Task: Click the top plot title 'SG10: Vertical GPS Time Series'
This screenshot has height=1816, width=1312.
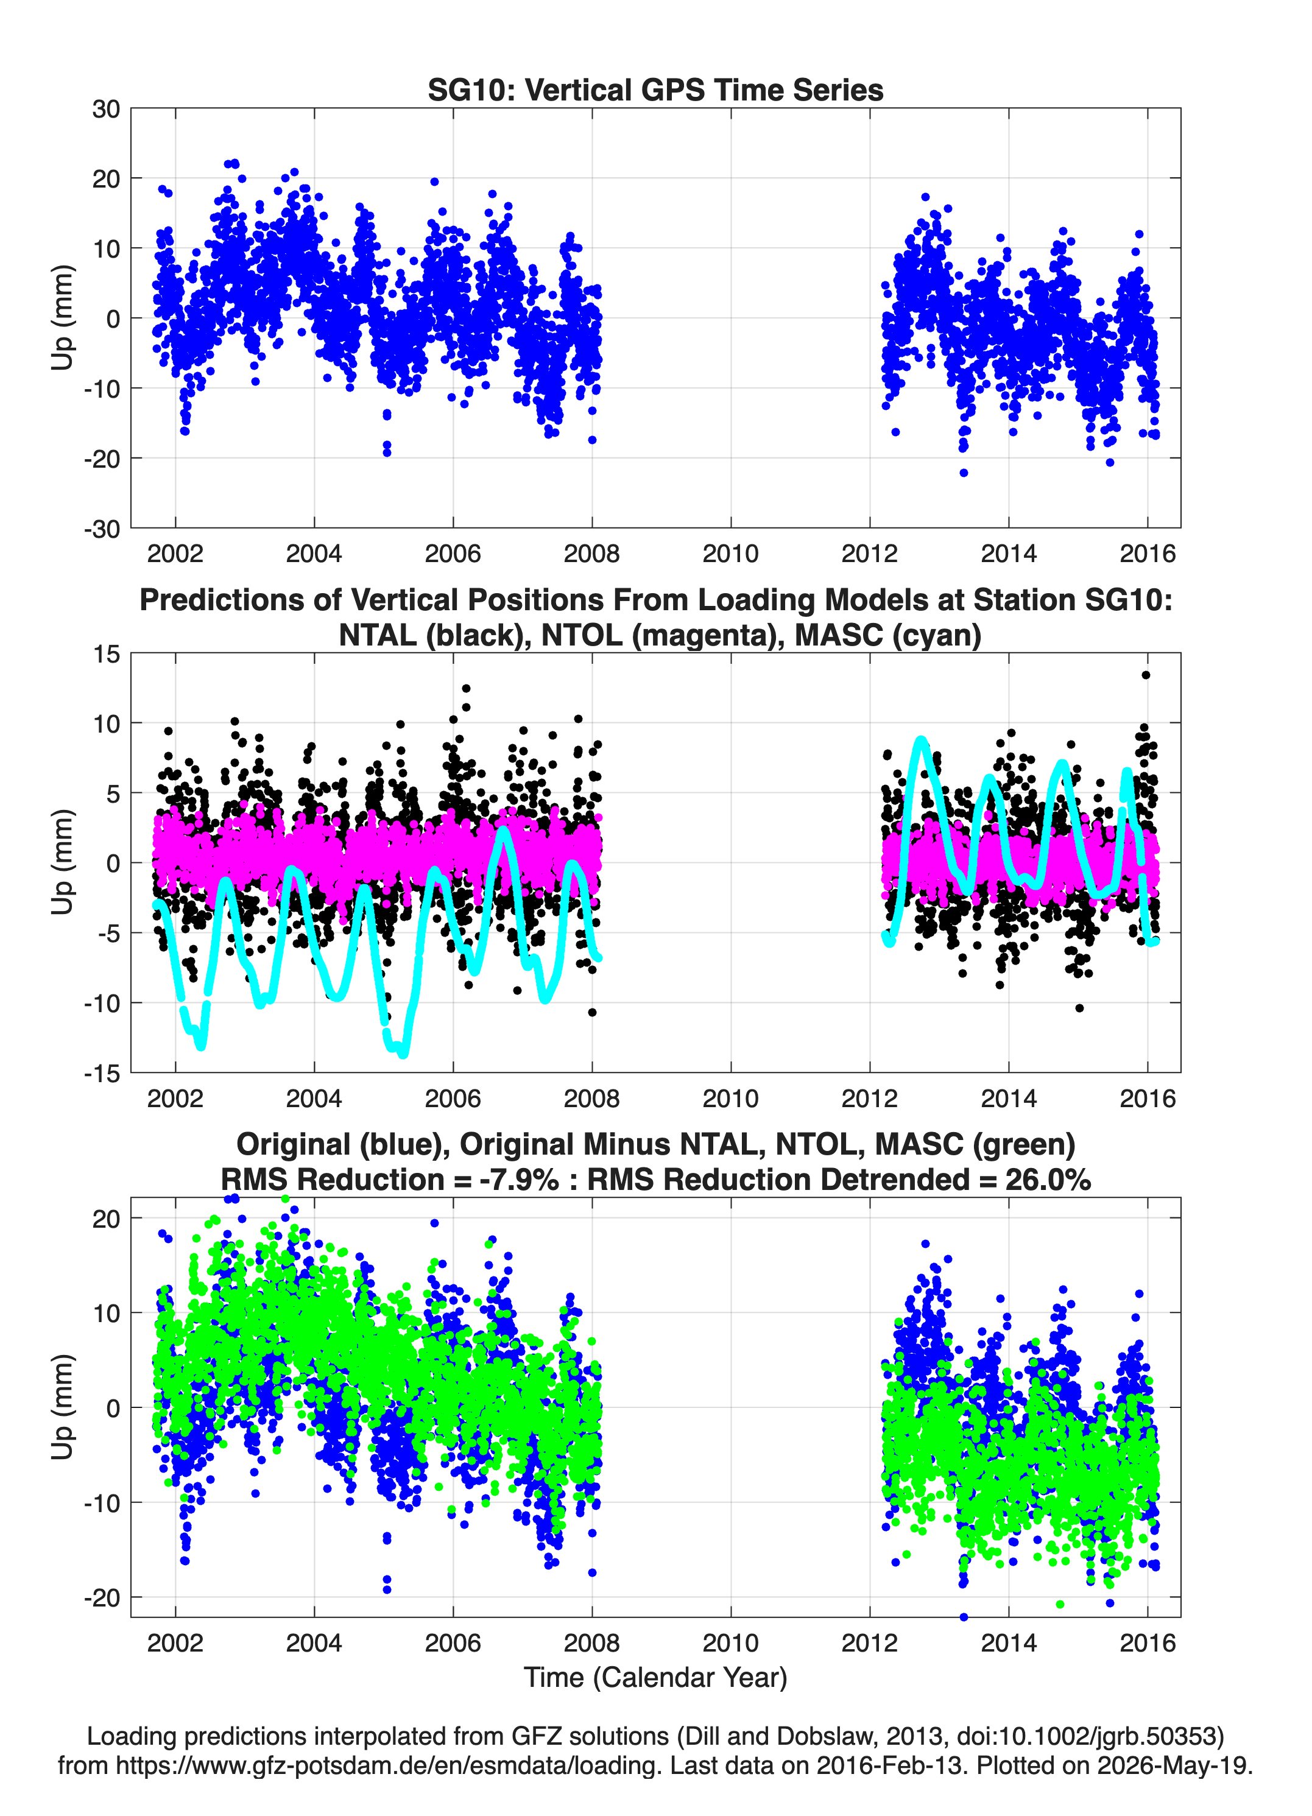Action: pyautogui.click(x=655, y=90)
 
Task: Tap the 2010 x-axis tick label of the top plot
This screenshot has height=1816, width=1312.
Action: pyautogui.click(x=730, y=554)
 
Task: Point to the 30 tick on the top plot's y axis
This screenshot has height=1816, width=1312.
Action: pyautogui.click(x=106, y=109)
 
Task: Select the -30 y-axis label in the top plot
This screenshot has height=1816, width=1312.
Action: pyautogui.click(x=102, y=529)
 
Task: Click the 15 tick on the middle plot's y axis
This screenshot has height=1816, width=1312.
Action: pyautogui.click(x=107, y=653)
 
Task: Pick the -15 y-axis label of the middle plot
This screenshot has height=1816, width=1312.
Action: pyautogui.click(x=102, y=1073)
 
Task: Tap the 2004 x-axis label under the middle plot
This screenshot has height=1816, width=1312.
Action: pyautogui.click(x=314, y=1098)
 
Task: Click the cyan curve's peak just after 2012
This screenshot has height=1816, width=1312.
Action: pyautogui.click(x=921, y=742)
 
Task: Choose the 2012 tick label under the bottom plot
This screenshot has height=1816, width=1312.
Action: pyautogui.click(x=870, y=1642)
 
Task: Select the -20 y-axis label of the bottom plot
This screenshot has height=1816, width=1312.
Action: pyautogui.click(x=102, y=1597)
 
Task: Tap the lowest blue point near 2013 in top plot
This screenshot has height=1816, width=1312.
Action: pyautogui.click(x=964, y=473)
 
